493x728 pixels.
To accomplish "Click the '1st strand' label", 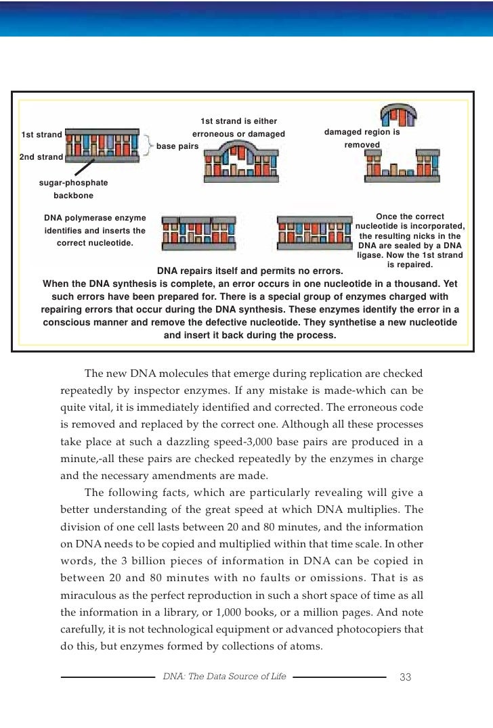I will (x=41, y=134).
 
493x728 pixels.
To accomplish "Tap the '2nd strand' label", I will (x=41, y=157).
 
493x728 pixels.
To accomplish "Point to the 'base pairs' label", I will (x=177, y=145).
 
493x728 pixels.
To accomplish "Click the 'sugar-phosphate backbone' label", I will (x=73, y=189).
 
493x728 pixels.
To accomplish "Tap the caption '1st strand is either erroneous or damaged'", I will (x=239, y=127).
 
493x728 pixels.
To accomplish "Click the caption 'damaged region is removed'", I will (x=362, y=139).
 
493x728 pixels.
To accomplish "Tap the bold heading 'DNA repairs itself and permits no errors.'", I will (x=250, y=271).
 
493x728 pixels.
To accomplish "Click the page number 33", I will (x=406, y=677).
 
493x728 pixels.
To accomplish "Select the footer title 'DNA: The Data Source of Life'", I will (x=224, y=677).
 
